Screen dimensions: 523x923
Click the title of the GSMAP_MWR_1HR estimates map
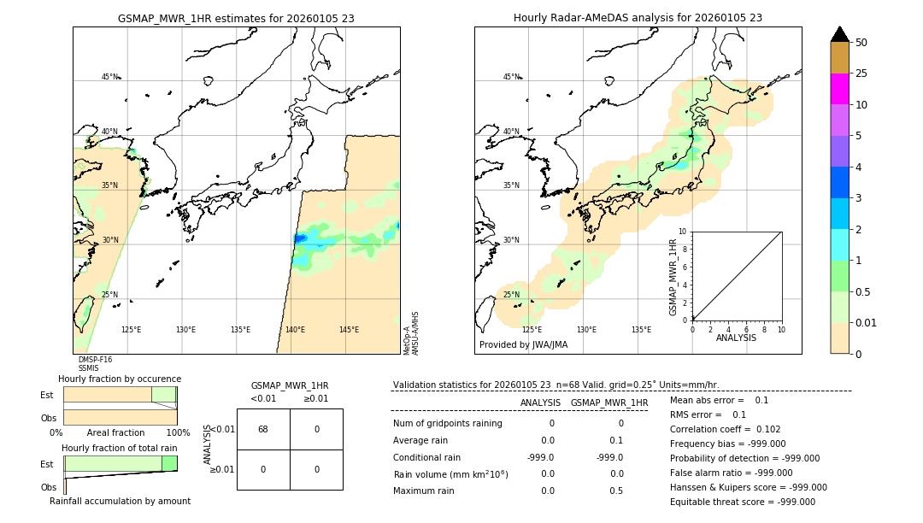point(236,18)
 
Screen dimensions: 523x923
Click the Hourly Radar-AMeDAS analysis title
point(638,18)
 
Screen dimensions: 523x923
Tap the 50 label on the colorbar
point(861,43)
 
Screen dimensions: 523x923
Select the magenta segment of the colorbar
point(839,89)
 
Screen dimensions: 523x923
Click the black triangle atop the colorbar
point(839,34)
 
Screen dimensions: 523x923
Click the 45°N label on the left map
point(110,77)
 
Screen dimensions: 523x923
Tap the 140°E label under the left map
point(295,330)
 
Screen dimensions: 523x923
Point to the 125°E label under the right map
point(532,330)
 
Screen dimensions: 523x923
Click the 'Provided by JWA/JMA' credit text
point(523,344)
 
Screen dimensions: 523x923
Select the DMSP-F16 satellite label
point(95,360)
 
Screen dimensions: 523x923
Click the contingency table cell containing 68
point(263,429)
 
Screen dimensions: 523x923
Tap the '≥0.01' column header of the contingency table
point(316,398)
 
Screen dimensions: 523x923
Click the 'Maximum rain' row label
point(425,491)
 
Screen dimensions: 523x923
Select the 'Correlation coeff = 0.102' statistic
point(725,430)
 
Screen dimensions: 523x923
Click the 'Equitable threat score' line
point(742,502)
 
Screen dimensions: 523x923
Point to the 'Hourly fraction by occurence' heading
point(120,379)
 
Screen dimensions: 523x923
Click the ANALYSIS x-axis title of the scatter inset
point(737,338)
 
